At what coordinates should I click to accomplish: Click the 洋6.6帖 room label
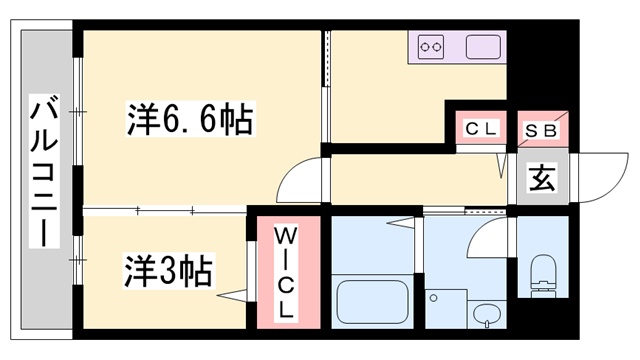coord(189,122)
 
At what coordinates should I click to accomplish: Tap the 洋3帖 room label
coord(167,270)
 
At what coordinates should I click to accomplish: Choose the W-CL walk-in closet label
coord(284,270)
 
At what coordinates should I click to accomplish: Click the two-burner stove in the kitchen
coord(431,46)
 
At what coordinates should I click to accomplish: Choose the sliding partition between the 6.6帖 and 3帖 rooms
coord(165,209)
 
